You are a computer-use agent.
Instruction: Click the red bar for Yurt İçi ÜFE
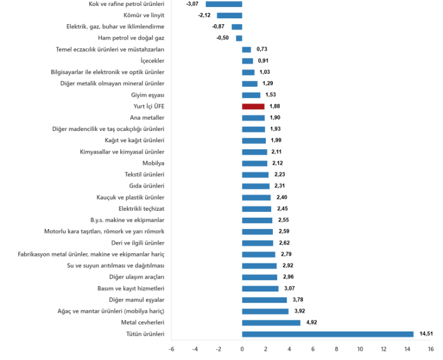tap(253, 106)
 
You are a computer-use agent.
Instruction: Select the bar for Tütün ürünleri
tap(328, 334)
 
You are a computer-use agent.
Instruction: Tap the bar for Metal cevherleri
tap(271, 323)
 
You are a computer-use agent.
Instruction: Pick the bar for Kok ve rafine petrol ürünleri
tap(224, 4)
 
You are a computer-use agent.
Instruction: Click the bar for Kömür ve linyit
tap(229, 15)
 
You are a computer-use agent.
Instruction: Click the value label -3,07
tap(192, 4)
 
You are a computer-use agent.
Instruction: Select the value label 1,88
tap(274, 106)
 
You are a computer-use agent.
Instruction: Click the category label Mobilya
tap(153, 163)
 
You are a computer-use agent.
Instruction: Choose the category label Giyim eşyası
tap(148, 95)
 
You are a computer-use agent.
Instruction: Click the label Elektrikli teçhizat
tap(141, 208)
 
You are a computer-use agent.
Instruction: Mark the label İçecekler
tap(152, 61)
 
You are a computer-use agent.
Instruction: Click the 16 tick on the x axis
tap(431, 349)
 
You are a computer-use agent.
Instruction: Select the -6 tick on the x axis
tap(171, 349)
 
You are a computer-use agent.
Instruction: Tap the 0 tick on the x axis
tap(242, 349)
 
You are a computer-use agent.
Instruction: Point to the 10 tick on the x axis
tap(360, 349)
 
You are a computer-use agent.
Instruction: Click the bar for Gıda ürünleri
tap(256, 186)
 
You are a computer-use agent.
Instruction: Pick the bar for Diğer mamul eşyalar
tap(265, 300)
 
